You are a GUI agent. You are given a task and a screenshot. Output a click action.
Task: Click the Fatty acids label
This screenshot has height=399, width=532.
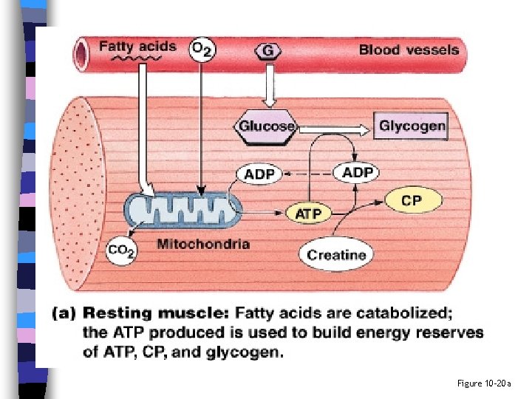coord(138,47)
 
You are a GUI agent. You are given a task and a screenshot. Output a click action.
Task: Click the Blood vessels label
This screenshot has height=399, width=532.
coord(409,50)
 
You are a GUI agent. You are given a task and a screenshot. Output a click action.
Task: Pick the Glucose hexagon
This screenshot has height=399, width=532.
coord(266,126)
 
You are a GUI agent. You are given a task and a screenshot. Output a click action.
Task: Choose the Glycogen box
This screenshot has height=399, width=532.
coord(412,126)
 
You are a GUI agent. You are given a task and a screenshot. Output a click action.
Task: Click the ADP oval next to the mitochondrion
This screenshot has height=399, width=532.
coord(259,174)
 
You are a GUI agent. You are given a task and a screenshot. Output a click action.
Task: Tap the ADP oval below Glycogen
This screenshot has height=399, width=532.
coord(358,173)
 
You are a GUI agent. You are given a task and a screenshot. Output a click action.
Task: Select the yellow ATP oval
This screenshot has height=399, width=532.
coord(308,214)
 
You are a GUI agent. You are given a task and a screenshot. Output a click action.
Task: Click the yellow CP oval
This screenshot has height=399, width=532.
coord(412,200)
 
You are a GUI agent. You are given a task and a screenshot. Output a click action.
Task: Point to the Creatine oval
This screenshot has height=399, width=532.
coord(336,255)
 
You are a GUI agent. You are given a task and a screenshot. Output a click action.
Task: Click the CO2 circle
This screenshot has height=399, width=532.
coord(121,251)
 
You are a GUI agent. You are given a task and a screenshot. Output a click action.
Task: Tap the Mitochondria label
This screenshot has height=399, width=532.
coord(203,244)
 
